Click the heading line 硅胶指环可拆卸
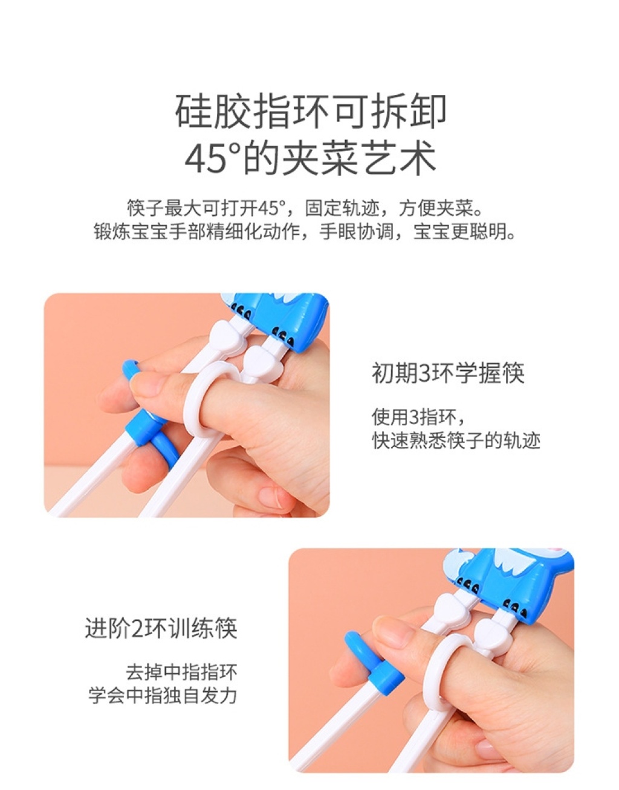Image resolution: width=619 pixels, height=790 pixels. pyautogui.click(x=310, y=112)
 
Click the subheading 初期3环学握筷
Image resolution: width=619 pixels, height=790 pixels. pyautogui.click(x=448, y=373)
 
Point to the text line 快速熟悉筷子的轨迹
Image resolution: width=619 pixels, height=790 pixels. pyautogui.click(x=456, y=441)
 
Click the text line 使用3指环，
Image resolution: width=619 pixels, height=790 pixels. pyautogui.click(x=418, y=417)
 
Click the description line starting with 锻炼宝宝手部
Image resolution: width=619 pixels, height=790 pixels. pyautogui.click(x=305, y=231)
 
